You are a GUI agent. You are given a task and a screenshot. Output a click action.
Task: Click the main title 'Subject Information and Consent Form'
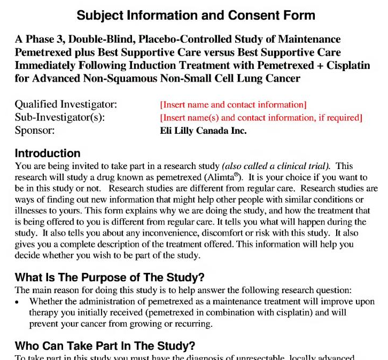click(x=196, y=15)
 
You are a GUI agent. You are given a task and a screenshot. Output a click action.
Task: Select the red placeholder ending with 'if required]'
click(x=261, y=117)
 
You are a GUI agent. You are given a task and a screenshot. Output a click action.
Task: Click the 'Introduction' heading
click(x=48, y=154)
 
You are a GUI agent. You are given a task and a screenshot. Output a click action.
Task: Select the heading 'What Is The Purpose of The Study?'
click(x=110, y=277)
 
